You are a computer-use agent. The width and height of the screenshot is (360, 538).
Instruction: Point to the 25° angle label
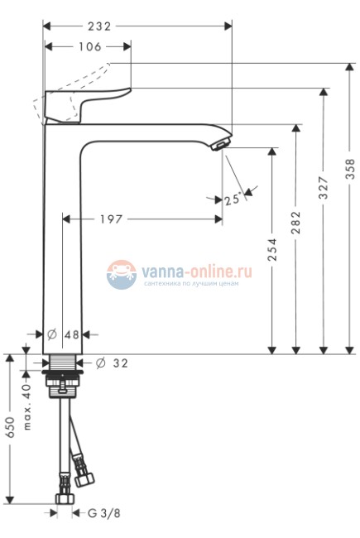point(233,199)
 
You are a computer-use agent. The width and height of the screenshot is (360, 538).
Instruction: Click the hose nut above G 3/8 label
point(63,498)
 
